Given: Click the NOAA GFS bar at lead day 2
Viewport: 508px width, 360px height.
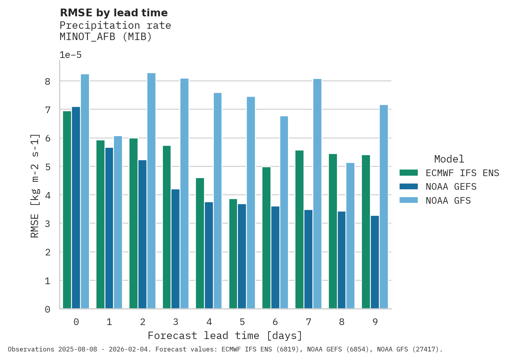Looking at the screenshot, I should pyautogui.click(x=151, y=191).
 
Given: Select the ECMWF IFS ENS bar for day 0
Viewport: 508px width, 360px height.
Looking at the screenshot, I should pyautogui.click(x=67, y=210).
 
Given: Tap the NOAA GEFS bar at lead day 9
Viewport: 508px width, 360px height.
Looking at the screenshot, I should pyautogui.click(x=375, y=262).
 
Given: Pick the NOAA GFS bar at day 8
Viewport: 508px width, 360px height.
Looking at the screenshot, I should pyautogui.click(x=350, y=236).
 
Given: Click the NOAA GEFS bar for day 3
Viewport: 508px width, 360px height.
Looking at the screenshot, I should pyautogui.click(x=176, y=249).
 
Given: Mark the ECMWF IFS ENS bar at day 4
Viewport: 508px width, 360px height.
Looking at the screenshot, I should pyautogui.click(x=200, y=243).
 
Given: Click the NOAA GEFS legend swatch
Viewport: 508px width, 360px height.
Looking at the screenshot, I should pyautogui.click(x=408, y=187).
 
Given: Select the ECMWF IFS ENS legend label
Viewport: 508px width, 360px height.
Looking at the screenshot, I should pyautogui.click(x=462, y=173).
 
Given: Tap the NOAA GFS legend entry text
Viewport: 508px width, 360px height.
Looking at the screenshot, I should pyautogui.click(x=448, y=201).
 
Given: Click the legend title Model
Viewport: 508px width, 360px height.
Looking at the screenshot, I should pyautogui.click(x=449, y=159).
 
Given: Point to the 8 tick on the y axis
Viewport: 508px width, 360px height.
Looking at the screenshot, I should pyautogui.click(x=47, y=81).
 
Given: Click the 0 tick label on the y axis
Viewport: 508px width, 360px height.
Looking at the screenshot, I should pyautogui.click(x=47, y=309).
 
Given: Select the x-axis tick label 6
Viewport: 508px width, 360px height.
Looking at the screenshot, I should pyautogui.click(x=275, y=322).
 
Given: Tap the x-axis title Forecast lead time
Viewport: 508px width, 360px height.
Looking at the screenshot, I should pyautogui.click(x=225, y=336).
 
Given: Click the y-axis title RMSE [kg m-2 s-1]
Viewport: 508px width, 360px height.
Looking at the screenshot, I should pyautogui.click(x=35, y=185).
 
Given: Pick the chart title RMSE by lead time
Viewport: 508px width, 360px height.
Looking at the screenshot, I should pyautogui.click(x=114, y=13).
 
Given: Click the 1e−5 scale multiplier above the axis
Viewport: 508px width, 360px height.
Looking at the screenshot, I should pyautogui.click(x=70, y=55).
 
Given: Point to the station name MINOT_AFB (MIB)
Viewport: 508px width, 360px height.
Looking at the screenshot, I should pyautogui.click(x=106, y=37).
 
